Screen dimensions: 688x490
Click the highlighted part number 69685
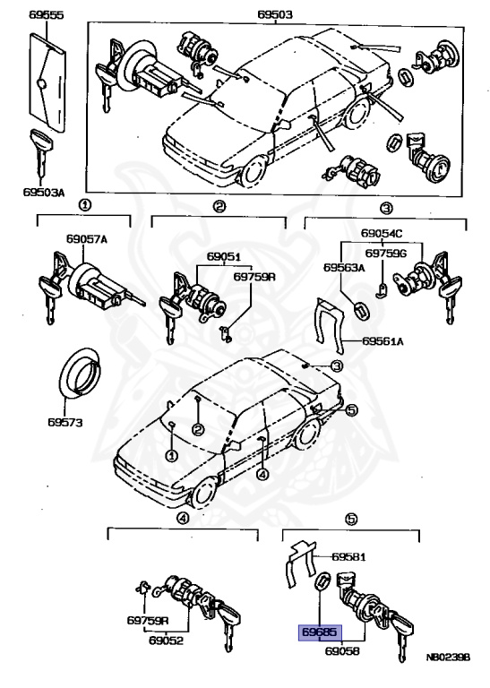click(318, 632)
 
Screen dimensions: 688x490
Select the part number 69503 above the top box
click(275, 15)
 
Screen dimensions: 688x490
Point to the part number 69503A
click(41, 192)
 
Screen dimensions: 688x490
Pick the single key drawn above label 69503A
click(41, 151)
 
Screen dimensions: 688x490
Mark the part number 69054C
click(383, 235)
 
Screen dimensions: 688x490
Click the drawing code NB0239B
click(448, 657)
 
